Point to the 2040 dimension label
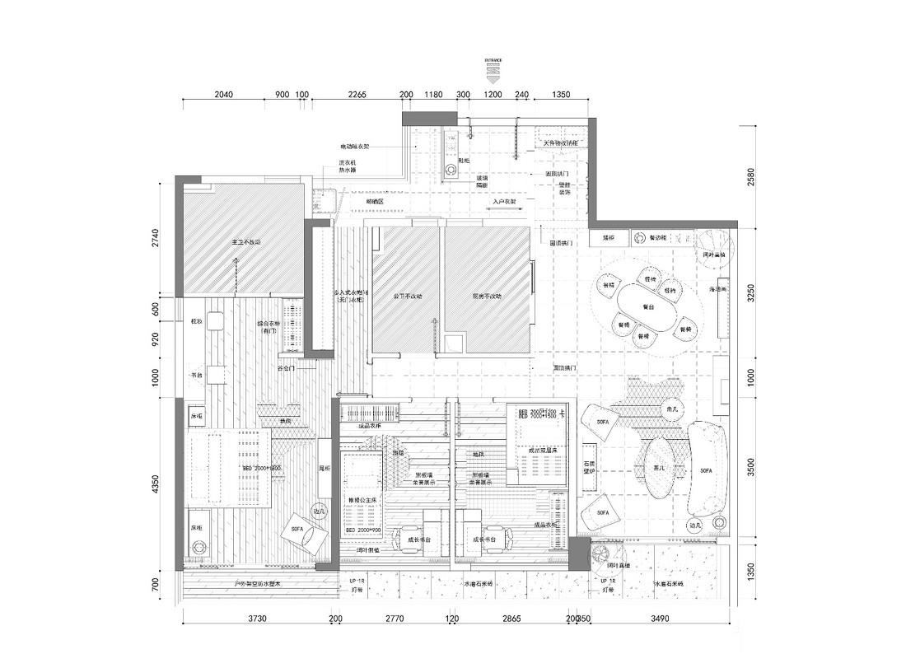[224, 95]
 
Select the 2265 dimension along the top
[357, 95]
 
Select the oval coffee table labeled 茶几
[660, 468]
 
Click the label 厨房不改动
[487, 296]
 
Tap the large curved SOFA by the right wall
[708, 469]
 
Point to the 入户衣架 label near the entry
[504, 201]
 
